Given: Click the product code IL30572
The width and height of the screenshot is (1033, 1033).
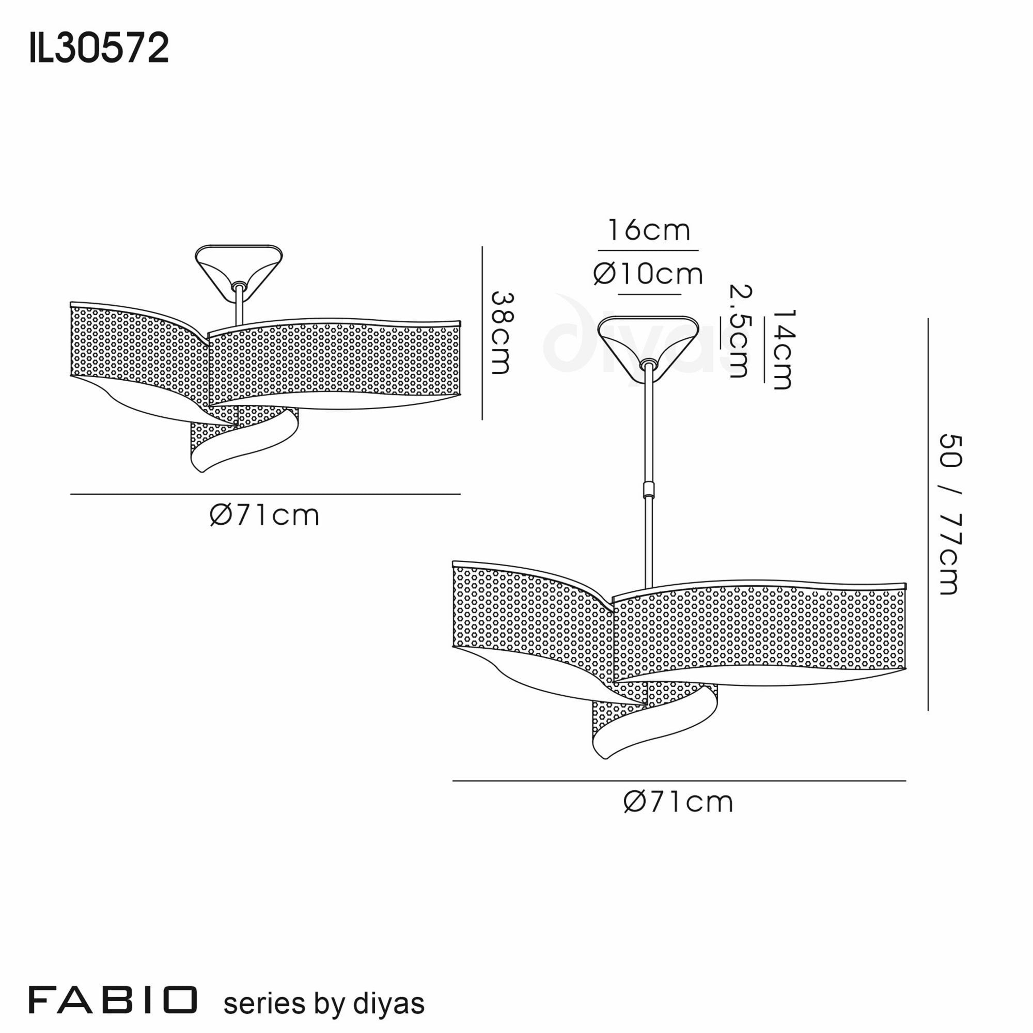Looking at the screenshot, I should point(99,48).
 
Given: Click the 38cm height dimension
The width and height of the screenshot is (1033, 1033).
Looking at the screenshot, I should point(502,333).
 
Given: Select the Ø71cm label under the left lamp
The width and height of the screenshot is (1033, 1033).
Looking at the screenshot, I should point(264,516).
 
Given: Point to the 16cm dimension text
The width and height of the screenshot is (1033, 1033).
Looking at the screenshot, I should point(649,230).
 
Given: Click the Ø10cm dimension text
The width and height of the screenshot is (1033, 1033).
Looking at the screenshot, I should point(648,274).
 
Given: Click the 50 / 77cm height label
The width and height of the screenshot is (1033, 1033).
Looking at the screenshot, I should point(950,514).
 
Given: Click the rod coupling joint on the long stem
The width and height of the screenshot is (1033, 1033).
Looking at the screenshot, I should point(649,489).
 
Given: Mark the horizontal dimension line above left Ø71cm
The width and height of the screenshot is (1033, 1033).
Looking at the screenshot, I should point(265,494).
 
